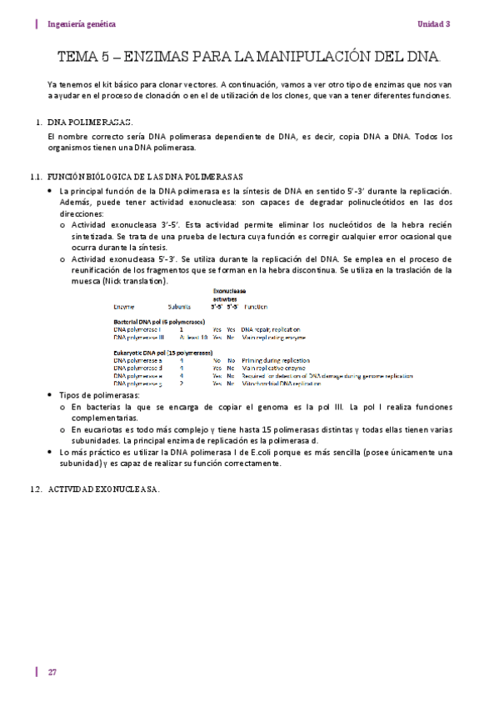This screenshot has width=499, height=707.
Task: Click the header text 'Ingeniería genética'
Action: tap(82, 24)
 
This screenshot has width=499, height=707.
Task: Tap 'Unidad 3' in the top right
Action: tap(433, 24)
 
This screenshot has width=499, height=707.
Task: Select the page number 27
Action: tap(52, 672)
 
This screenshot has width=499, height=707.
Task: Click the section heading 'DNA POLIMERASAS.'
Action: tap(89, 123)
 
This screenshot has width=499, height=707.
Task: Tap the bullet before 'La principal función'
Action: tap(51, 192)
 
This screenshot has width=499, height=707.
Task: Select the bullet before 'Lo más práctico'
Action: tap(51, 451)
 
